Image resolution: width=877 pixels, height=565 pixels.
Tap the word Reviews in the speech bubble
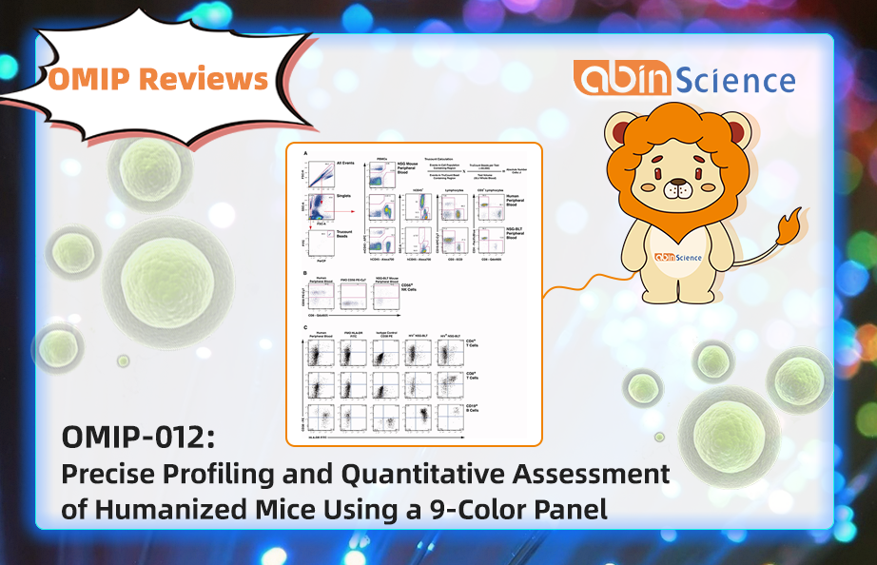click(205, 79)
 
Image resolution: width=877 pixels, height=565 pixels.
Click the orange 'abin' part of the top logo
click(619, 78)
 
